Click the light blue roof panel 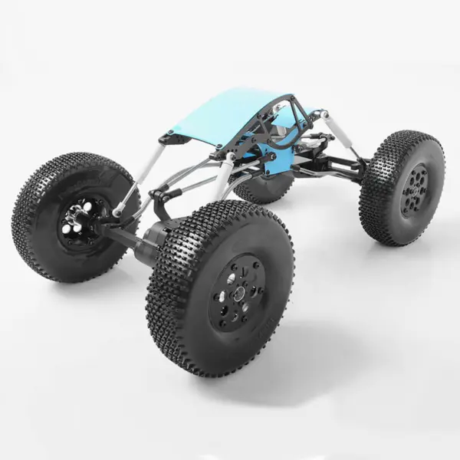(x=222, y=115)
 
